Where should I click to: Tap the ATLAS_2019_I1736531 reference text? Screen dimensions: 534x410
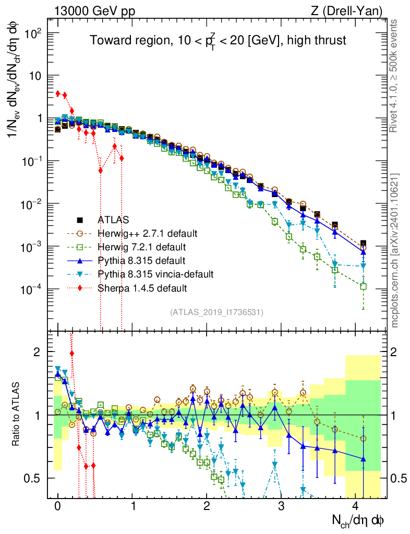[216, 312]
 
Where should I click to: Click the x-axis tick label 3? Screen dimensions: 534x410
[281, 506]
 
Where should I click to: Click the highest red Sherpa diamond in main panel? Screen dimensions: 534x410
[58, 93]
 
